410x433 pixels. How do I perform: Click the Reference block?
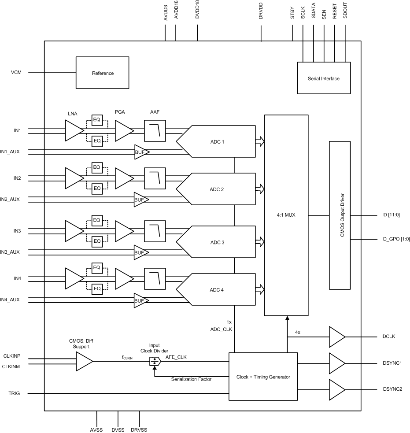[x=102, y=73]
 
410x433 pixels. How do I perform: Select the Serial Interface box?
[x=324, y=78]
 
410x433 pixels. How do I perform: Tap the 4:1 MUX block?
[x=286, y=215]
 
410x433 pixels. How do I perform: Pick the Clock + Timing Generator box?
[x=263, y=377]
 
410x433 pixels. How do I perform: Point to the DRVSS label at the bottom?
[x=139, y=429]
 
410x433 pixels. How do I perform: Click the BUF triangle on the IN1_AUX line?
[x=141, y=152]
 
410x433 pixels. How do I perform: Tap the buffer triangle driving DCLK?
[x=336, y=337]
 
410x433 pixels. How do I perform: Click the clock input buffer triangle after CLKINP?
[x=84, y=362]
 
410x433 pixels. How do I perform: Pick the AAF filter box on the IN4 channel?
[x=154, y=278]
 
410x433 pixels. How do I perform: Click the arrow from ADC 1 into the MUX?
[x=259, y=141]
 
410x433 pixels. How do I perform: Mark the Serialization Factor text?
[x=191, y=379]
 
